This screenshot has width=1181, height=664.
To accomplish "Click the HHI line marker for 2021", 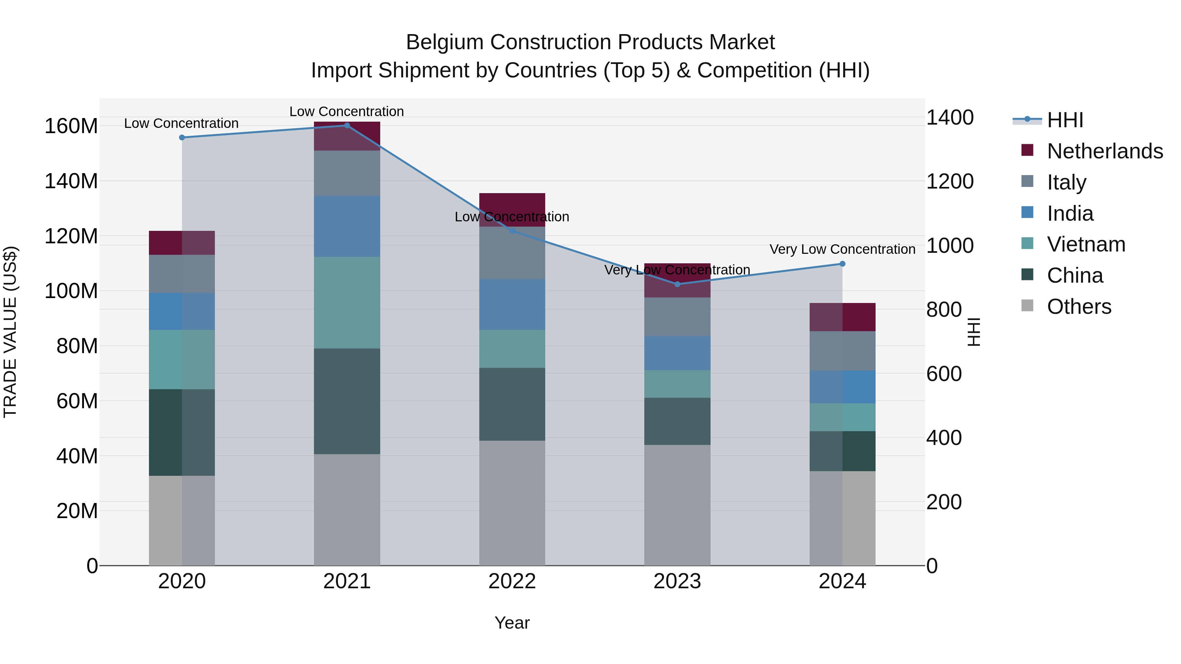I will click(347, 126).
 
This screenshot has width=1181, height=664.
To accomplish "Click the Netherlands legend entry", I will click(1105, 151).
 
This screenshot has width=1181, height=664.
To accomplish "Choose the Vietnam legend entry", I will click(1086, 244).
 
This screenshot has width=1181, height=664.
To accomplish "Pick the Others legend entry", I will click(1079, 307).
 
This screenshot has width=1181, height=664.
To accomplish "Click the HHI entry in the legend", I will click(1065, 120).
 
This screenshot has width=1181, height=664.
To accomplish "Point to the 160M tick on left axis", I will click(71, 126).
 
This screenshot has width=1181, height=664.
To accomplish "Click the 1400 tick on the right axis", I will click(950, 118).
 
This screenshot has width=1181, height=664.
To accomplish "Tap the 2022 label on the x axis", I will click(512, 581).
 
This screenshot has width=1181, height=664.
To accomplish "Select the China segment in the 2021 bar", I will click(347, 401).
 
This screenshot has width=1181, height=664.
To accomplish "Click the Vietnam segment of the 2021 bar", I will click(347, 302).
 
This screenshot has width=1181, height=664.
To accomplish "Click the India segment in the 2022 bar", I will click(512, 304).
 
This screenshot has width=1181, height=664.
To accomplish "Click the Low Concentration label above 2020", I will click(181, 123).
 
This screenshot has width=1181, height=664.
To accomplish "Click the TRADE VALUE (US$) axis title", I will click(10, 332).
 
